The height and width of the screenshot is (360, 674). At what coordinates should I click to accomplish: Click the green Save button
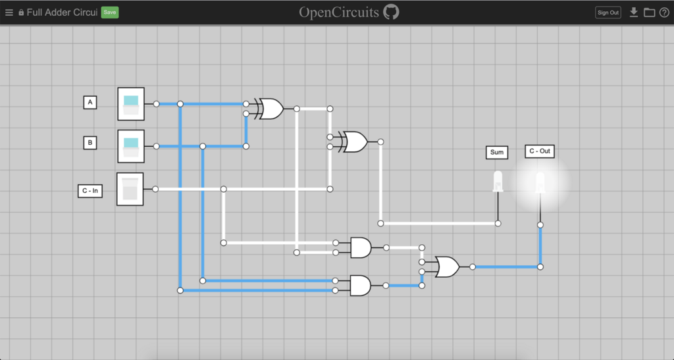(x=110, y=13)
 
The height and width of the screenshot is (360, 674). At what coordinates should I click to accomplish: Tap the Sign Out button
(x=608, y=13)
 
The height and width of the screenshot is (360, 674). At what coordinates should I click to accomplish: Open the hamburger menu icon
(x=9, y=13)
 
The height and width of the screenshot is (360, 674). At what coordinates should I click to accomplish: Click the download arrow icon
(x=634, y=12)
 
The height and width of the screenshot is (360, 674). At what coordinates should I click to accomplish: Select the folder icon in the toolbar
(x=649, y=13)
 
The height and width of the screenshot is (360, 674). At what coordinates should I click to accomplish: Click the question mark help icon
(x=664, y=13)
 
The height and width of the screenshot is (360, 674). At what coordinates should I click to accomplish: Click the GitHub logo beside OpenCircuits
(x=391, y=12)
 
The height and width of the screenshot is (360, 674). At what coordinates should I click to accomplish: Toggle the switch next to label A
(x=131, y=104)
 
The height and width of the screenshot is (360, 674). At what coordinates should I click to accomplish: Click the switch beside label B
(x=131, y=146)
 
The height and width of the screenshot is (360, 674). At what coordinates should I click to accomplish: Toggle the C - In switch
(x=130, y=189)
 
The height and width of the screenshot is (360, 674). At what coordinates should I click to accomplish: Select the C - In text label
(x=90, y=191)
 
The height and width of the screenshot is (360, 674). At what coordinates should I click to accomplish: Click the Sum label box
(x=497, y=152)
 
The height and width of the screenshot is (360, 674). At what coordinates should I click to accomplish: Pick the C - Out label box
(x=540, y=151)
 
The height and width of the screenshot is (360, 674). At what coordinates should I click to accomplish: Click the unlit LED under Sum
(x=498, y=181)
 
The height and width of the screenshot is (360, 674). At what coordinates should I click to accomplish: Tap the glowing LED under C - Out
(x=540, y=183)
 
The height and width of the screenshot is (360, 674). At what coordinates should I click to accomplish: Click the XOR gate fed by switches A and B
(x=269, y=109)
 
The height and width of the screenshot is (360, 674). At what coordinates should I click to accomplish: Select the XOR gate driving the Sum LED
(x=353, y=141)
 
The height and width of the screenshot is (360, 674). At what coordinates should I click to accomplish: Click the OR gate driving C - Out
(x=447, y=267)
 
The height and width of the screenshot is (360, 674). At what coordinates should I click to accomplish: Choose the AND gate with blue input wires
(x=361, y=286)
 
